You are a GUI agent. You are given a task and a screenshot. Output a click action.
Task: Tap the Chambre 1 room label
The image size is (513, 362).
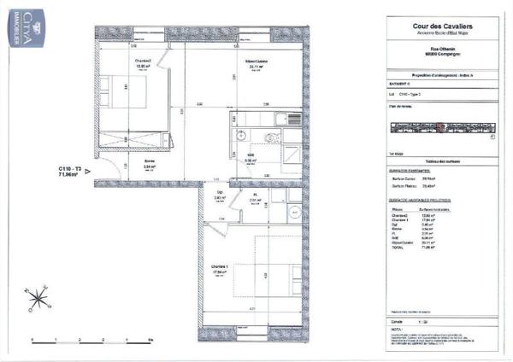coord(221,267)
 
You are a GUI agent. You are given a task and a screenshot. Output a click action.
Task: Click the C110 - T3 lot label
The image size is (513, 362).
coord(70,169)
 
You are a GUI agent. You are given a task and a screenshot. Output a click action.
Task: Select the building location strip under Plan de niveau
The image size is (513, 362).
coord(436,129)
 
